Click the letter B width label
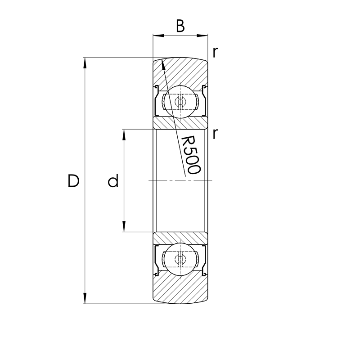(180, 26)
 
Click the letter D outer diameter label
(73, 181)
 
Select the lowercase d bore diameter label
(113, 181)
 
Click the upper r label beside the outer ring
(216, 52)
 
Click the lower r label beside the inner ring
(216, 133)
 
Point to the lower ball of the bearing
(180, 259)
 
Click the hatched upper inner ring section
(180, 123)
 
